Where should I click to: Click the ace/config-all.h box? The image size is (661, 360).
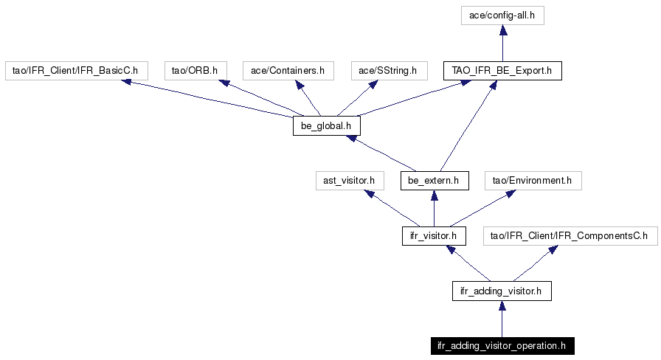click(x=502, y=15)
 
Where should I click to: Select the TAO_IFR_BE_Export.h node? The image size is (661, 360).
click(x=502, y=70)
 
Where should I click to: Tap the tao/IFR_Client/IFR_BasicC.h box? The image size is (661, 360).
click(x=76, y=70)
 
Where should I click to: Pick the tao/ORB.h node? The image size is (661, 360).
click(x=195, y=70)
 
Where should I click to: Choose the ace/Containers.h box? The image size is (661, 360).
click(x=288, y=70)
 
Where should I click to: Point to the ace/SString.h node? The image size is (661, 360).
click(x=389, y=70)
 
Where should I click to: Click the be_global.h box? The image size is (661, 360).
click(x=327, y=125)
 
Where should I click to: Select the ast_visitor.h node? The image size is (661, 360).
click(x=350, y=181)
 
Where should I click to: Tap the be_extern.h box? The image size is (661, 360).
click(x=435, y=181)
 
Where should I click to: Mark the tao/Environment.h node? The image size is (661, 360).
click(x=533, y=181)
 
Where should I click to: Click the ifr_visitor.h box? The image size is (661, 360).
click(x=434, y=235)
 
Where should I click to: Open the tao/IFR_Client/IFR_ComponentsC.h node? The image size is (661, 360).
click(x=570, y=235)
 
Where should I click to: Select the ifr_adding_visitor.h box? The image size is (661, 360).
click(x=502, y=291)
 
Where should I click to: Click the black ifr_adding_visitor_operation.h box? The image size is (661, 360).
click(x=502, y=346)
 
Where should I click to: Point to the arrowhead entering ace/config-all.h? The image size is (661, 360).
click(x=502, y=30)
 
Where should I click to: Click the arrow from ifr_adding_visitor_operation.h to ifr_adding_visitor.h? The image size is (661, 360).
click(x=502, y=319)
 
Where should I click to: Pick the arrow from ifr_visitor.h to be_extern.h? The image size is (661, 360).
click(x=435, y=208)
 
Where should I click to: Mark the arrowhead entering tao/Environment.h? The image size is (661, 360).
click(x=511, y=194)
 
